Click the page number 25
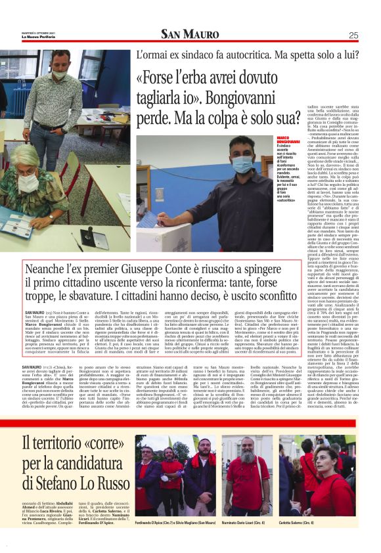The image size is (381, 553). (353, 35)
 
